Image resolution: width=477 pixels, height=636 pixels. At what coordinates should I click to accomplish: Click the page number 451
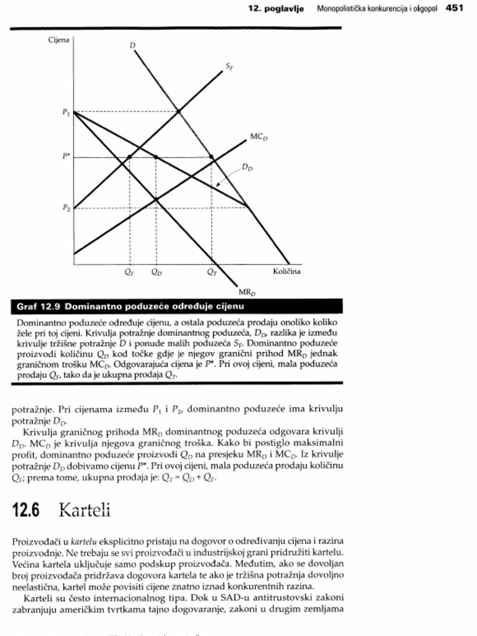click(455, 8)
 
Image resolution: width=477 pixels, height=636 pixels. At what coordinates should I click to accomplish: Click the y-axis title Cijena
click(59, 40)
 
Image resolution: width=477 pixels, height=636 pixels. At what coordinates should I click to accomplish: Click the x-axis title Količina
click(286, 271)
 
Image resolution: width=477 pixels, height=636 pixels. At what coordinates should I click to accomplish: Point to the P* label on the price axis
click(65, 157)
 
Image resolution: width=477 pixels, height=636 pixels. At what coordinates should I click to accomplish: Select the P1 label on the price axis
click(65, 112)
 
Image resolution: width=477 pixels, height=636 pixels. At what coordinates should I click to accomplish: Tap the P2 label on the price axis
click(65, 208)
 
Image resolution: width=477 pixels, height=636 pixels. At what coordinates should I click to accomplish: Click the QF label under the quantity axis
click(129, 272)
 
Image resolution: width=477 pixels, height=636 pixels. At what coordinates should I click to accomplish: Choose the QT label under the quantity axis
click(212, 272)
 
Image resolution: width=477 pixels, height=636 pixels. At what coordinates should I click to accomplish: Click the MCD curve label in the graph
click(259, 135)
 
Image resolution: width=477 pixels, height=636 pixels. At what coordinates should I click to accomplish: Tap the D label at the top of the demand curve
click(133, 45)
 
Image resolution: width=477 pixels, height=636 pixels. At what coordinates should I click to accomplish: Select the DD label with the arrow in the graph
click(247, 167)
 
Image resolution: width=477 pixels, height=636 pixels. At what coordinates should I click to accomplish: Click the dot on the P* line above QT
click(212, 157)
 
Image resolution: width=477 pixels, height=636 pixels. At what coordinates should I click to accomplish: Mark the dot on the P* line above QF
click(129, 157)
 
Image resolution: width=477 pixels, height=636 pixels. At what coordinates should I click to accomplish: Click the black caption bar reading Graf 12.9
click(177, 307)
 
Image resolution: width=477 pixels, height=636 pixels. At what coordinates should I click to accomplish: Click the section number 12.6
click(26, 511)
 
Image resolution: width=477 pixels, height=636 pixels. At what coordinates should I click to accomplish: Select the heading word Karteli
click(84, 511)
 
